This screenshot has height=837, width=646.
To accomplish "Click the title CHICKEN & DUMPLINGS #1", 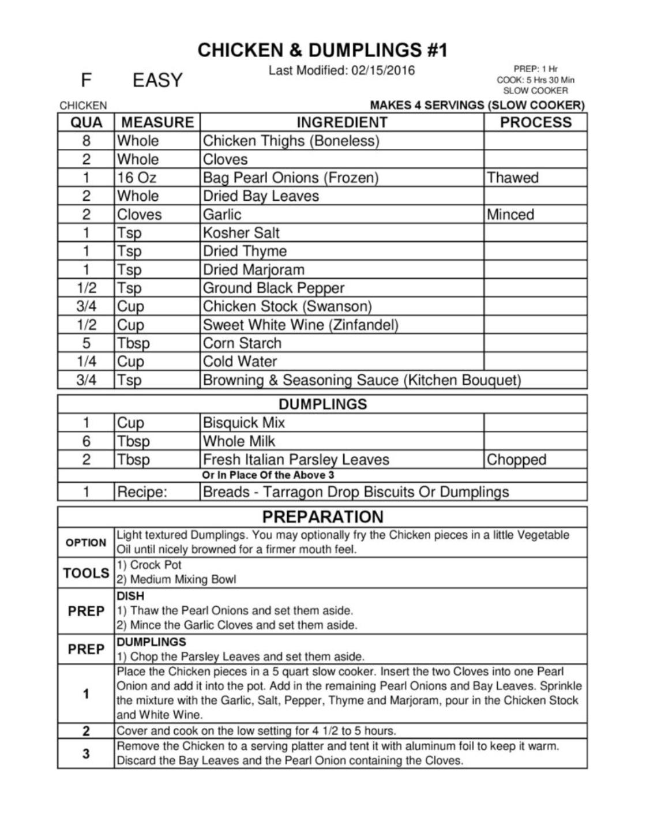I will [322, 50].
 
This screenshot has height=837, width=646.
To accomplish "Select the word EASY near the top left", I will [157, 80].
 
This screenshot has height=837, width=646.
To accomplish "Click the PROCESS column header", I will [535, 122].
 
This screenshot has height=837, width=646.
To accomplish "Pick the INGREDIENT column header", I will [342, 122].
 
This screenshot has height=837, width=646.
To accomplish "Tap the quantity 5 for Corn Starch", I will [86, 343].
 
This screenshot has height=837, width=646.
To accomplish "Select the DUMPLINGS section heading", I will [322, 404].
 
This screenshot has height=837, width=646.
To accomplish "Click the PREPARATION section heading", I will [322, 516].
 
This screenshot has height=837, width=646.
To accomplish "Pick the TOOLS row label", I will [86, 573].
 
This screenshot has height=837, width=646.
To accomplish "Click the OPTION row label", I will [86, 543].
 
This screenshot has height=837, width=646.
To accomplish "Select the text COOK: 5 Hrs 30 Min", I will [535, 80].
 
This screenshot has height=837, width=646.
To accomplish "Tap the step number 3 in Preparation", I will [86, 753].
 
